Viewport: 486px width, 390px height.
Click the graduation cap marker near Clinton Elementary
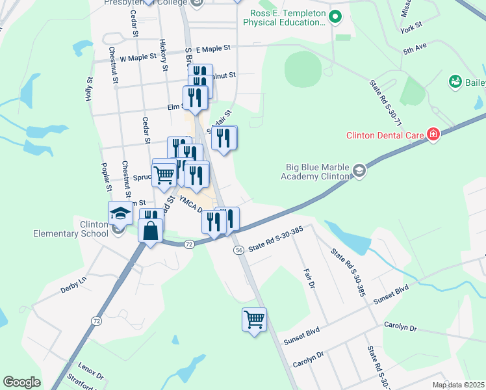click(120, 213)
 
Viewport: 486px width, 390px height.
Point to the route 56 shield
click(239, 250)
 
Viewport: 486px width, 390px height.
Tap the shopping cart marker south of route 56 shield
click(254, 319)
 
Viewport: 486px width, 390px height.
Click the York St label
click(411, 27)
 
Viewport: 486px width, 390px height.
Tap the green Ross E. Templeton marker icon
click(335, 16)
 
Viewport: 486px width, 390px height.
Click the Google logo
click(21, 382)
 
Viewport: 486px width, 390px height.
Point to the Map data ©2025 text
click(457, 385)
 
